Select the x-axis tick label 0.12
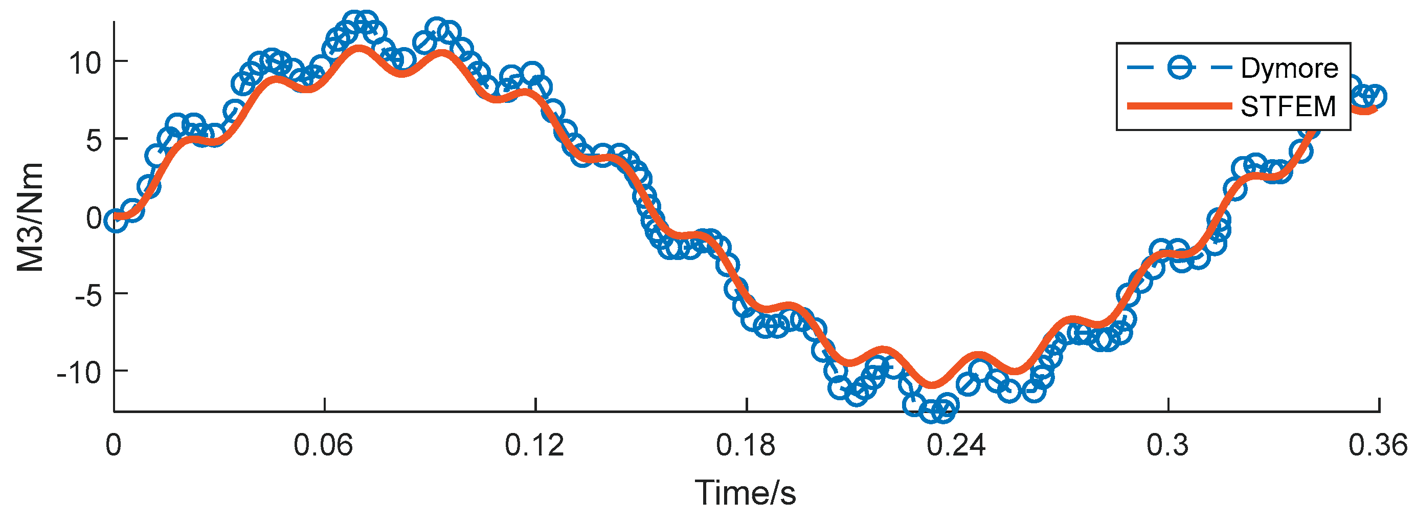(534, 445)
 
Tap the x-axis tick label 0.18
(746, 445)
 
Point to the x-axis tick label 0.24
(956, 445)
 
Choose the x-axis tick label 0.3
(1167, 445)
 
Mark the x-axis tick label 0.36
(1378, 445)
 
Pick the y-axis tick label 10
(85, 63)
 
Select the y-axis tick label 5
(94, 141)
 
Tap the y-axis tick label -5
(88, 296)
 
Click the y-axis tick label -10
(79, 374)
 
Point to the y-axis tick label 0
(94, 219)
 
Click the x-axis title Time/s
(746, 492)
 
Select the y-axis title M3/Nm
(30, 218)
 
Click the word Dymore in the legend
(1290, 68)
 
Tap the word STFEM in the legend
(1288, 107)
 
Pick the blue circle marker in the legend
(1180, 68)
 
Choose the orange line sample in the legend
(1179, 107)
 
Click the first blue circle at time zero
(116, 221)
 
